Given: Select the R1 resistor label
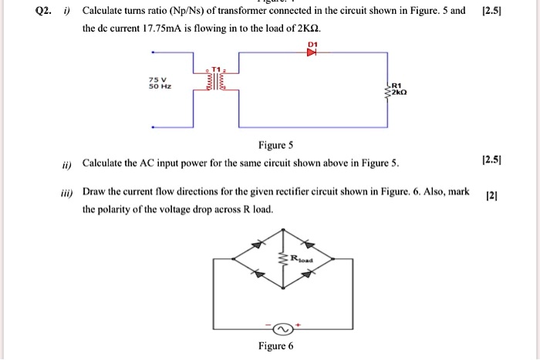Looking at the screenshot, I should (x=397, y=86).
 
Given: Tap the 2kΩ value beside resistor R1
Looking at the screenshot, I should (x=398, y=92).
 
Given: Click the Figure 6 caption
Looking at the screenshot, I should (x=276, y=345).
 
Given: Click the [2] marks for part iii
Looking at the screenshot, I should (x=492, y=196).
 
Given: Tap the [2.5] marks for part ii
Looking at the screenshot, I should (x=491, y=162).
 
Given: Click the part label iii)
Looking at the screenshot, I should (x=69, y=191).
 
